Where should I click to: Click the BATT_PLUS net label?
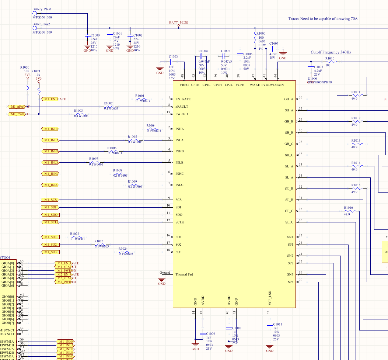pos(178,23)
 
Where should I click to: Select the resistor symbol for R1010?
pos(330,62)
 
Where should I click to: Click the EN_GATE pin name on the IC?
pos(183,99)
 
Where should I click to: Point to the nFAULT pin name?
pos(182,107)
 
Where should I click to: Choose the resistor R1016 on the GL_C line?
pos(348,211)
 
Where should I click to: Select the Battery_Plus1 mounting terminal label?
pos(42,9)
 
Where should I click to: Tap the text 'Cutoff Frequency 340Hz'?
pos(331,52)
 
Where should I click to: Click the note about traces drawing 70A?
pos(323,19)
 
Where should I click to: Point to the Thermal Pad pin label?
pos(184,274)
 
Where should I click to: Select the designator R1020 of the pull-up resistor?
pos(25,67)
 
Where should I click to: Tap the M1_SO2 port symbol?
pos(50,245)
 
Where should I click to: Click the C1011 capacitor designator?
pos(278,324)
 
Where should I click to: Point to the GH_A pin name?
pos(289,99)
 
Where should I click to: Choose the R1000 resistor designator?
pos(261,34)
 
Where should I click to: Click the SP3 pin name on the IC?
pos(290,282)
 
